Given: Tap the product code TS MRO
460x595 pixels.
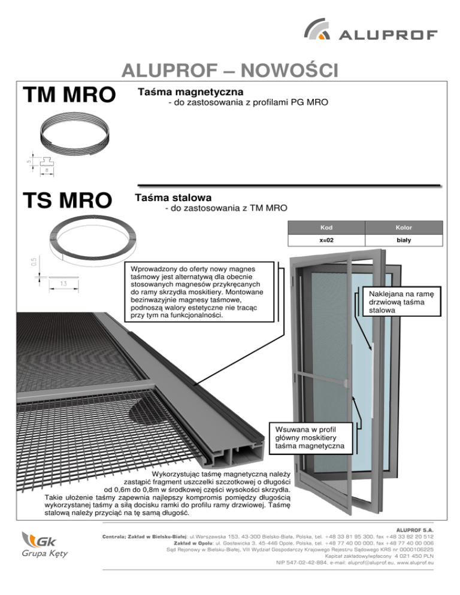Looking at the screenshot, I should click(x=66, y=201).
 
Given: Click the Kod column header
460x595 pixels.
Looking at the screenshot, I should click(x=326, y=228).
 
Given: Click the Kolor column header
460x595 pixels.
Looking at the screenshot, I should click(x=404, y=228).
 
